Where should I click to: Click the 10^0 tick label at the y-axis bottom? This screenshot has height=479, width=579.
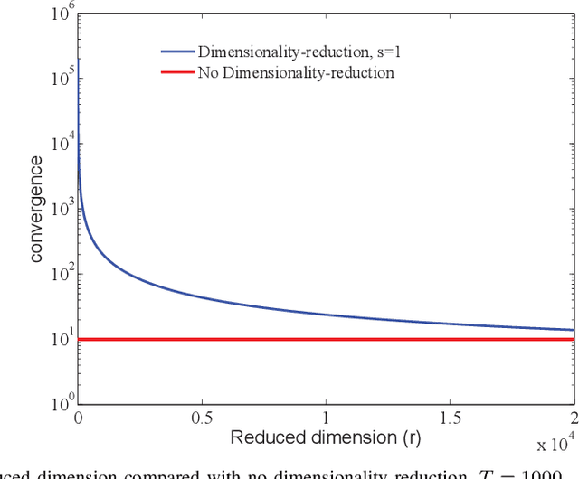62,404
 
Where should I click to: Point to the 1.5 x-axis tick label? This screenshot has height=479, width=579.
450,420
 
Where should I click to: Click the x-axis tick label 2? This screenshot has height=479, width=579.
572,420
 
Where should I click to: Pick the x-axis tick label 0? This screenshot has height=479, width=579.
79,420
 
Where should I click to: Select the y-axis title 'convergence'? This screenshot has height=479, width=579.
35,210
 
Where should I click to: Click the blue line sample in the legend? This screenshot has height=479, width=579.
177,52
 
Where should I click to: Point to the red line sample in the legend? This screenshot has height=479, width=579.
177,72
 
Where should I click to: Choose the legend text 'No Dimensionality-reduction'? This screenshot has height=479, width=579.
296,72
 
